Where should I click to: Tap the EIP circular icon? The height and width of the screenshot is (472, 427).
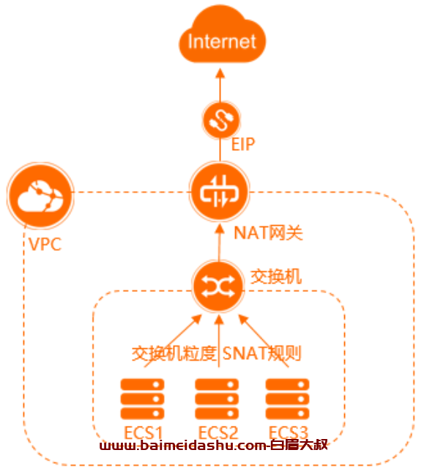[x=221, y=119]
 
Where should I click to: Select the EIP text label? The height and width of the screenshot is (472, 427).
[x=243, y=144]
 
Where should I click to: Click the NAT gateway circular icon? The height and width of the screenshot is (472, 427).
[x=220, y=192]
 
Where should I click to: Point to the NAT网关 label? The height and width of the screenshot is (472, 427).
[x=268, y=232]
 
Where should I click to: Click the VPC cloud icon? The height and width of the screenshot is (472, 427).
[x=40, y=195]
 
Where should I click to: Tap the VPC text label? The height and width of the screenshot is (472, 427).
[x=45, y=244]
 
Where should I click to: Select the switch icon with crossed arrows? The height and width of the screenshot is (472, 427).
[x=218, y=287]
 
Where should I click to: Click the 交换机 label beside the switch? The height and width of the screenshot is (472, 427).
[x=276, y=276]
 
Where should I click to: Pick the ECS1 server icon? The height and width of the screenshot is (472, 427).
[x=142, y=399]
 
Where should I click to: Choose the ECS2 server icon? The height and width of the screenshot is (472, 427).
[x=217, y=399]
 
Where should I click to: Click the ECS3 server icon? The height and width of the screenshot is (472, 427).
[x=287, y=399]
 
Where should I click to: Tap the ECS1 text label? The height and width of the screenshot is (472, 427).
[x=144, y=433]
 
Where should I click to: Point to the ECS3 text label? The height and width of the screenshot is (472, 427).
[x=289, y=433]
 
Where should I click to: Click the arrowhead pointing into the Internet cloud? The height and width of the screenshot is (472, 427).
[x=220, y=73]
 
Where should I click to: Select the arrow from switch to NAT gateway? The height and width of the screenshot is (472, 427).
[x=220, y=243]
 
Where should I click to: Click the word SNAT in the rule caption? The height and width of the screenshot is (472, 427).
[x=245, y=353]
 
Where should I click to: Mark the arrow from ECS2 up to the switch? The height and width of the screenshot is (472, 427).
[x=219, y=341]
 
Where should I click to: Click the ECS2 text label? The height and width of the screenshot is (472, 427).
[x=218, y=433]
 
